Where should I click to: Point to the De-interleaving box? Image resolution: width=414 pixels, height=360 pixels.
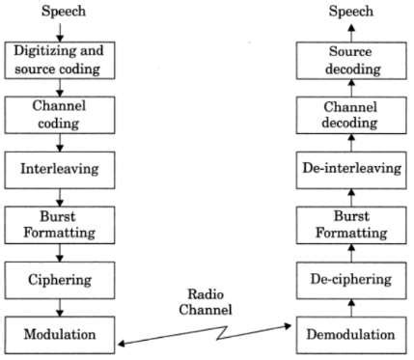click(351, 168)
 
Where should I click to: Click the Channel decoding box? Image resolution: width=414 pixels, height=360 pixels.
click(351, 114)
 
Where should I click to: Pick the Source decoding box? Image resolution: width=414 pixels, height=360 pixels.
click(351, 59)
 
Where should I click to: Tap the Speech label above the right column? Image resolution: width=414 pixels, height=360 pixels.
click(351, 13)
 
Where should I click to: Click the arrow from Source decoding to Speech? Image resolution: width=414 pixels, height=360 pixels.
click(351, 31)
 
